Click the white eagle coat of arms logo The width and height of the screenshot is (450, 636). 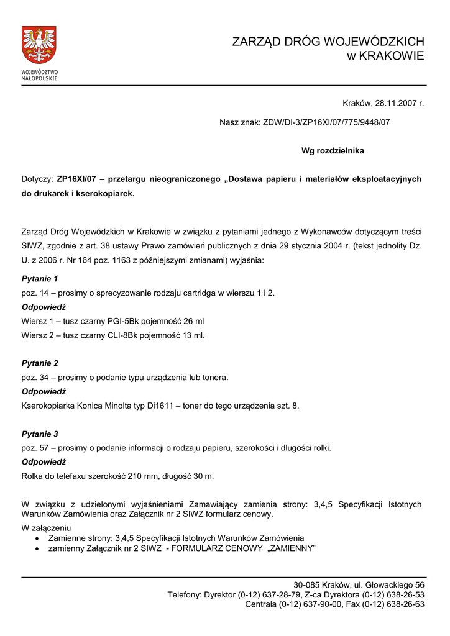(39, 45)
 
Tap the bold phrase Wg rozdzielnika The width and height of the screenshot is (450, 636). (333, 151)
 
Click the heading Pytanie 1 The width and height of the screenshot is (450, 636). (40, 279)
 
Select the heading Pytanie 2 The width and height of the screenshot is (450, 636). (40, 363)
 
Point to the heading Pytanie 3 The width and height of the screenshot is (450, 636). (40, 434)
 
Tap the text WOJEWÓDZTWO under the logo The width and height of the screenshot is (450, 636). (39, 72)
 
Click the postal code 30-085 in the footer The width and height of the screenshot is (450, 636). (307, 585)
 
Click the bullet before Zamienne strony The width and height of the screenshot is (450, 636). (39, 538)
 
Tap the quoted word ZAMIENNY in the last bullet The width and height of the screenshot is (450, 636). (292, 549)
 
